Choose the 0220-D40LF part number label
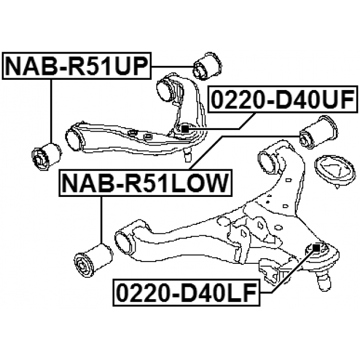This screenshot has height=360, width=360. point(186,291)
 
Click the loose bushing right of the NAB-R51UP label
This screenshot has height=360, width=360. point(209,66)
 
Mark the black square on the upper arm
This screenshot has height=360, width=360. point(184,129)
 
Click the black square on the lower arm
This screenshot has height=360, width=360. point(316,247)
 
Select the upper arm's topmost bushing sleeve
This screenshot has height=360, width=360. point(169,88)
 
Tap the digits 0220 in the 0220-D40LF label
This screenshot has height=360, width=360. point(138,291)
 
